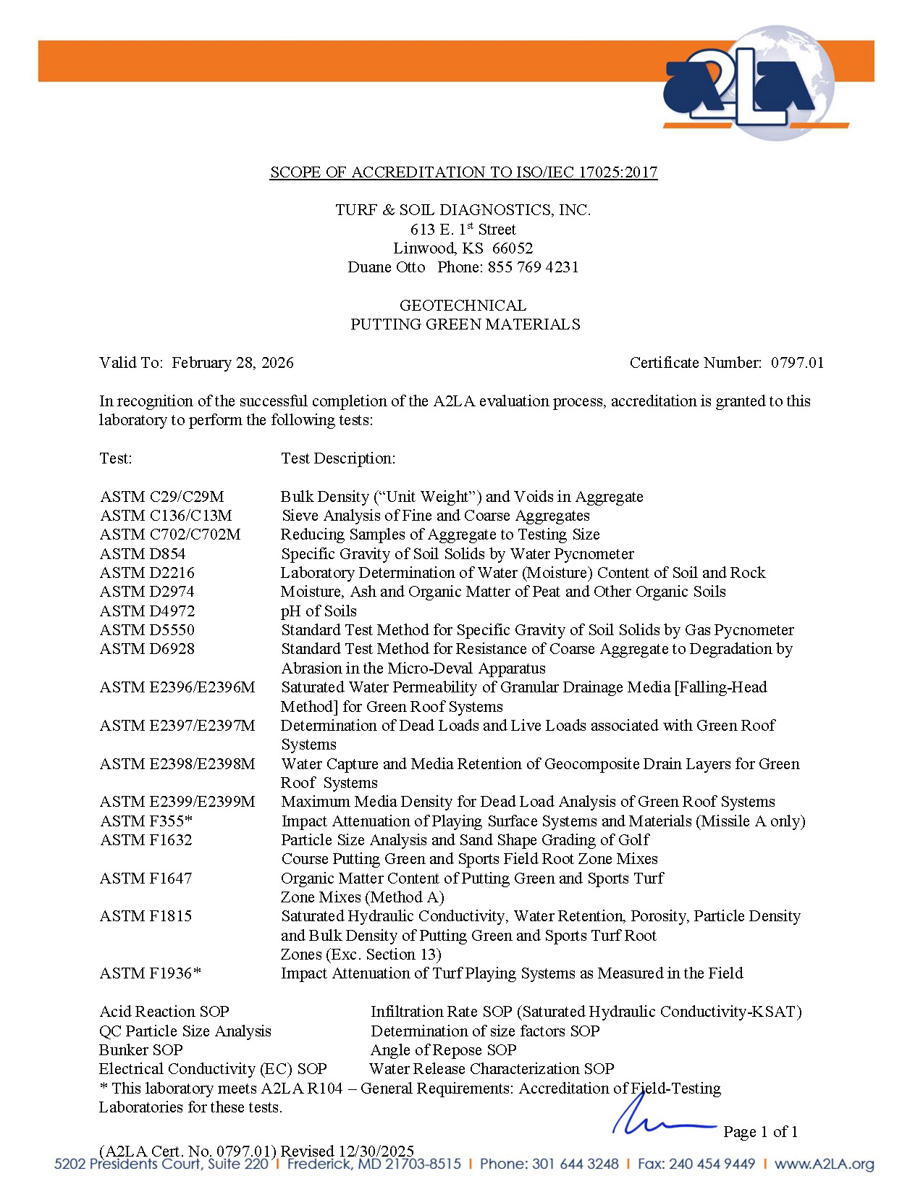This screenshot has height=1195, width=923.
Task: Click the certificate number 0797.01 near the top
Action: coord(797,363)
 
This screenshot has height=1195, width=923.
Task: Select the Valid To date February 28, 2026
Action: coord(232,363)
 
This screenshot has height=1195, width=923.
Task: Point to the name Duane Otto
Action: coord(387,267)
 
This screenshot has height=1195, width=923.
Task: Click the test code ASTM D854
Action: coord(143,554)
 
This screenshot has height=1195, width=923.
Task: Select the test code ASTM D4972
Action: coord(147,611)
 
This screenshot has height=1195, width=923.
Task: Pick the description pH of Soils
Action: coord(319,611)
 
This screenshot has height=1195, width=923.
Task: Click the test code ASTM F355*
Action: coord(146,821)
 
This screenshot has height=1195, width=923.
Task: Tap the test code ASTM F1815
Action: coord(146,916)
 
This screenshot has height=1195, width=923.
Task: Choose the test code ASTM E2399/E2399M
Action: coord(177,802)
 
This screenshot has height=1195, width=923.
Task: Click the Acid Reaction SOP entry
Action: coord(164,1012)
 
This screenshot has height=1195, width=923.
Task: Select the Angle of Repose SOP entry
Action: coord(443,1050)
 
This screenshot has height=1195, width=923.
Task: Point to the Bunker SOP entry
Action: coord(141,1050)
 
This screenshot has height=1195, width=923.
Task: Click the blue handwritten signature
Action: coord(652,1119)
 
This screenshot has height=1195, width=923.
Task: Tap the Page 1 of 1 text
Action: coord(760,1132)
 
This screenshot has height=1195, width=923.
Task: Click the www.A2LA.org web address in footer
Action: coord(824,1164)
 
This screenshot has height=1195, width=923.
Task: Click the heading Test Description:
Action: coord(338,458)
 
